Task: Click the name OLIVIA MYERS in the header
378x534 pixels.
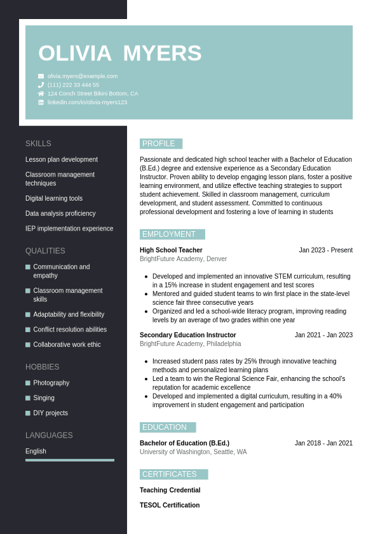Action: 119,53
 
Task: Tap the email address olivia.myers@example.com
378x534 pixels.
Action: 83,76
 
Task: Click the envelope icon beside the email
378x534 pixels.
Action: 41,76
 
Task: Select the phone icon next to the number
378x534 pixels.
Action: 41,85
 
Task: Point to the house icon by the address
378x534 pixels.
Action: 41,93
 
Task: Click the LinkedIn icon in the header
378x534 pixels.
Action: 41,102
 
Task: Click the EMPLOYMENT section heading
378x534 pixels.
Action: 172,234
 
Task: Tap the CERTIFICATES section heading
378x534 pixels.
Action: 173,474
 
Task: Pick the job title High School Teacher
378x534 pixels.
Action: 171,250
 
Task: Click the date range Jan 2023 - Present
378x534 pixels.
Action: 325,250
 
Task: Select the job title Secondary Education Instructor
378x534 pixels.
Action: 187,335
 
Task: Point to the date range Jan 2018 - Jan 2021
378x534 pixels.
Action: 323,443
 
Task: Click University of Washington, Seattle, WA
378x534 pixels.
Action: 193,452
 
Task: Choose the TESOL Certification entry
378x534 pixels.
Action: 170,505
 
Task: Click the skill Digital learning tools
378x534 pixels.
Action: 54,199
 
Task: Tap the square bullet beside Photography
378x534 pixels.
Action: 28,383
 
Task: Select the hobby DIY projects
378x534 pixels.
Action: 50,413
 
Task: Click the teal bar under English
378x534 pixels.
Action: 70,460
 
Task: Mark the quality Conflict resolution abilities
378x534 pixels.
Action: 70,330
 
